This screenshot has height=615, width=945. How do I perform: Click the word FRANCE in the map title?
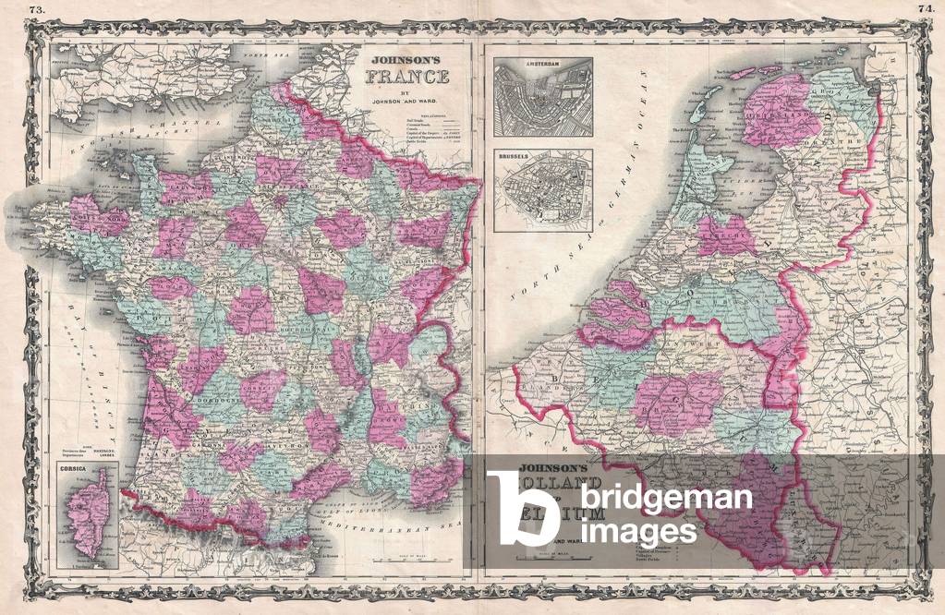pos(410,77)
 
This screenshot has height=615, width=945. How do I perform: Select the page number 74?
pos(927,9)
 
